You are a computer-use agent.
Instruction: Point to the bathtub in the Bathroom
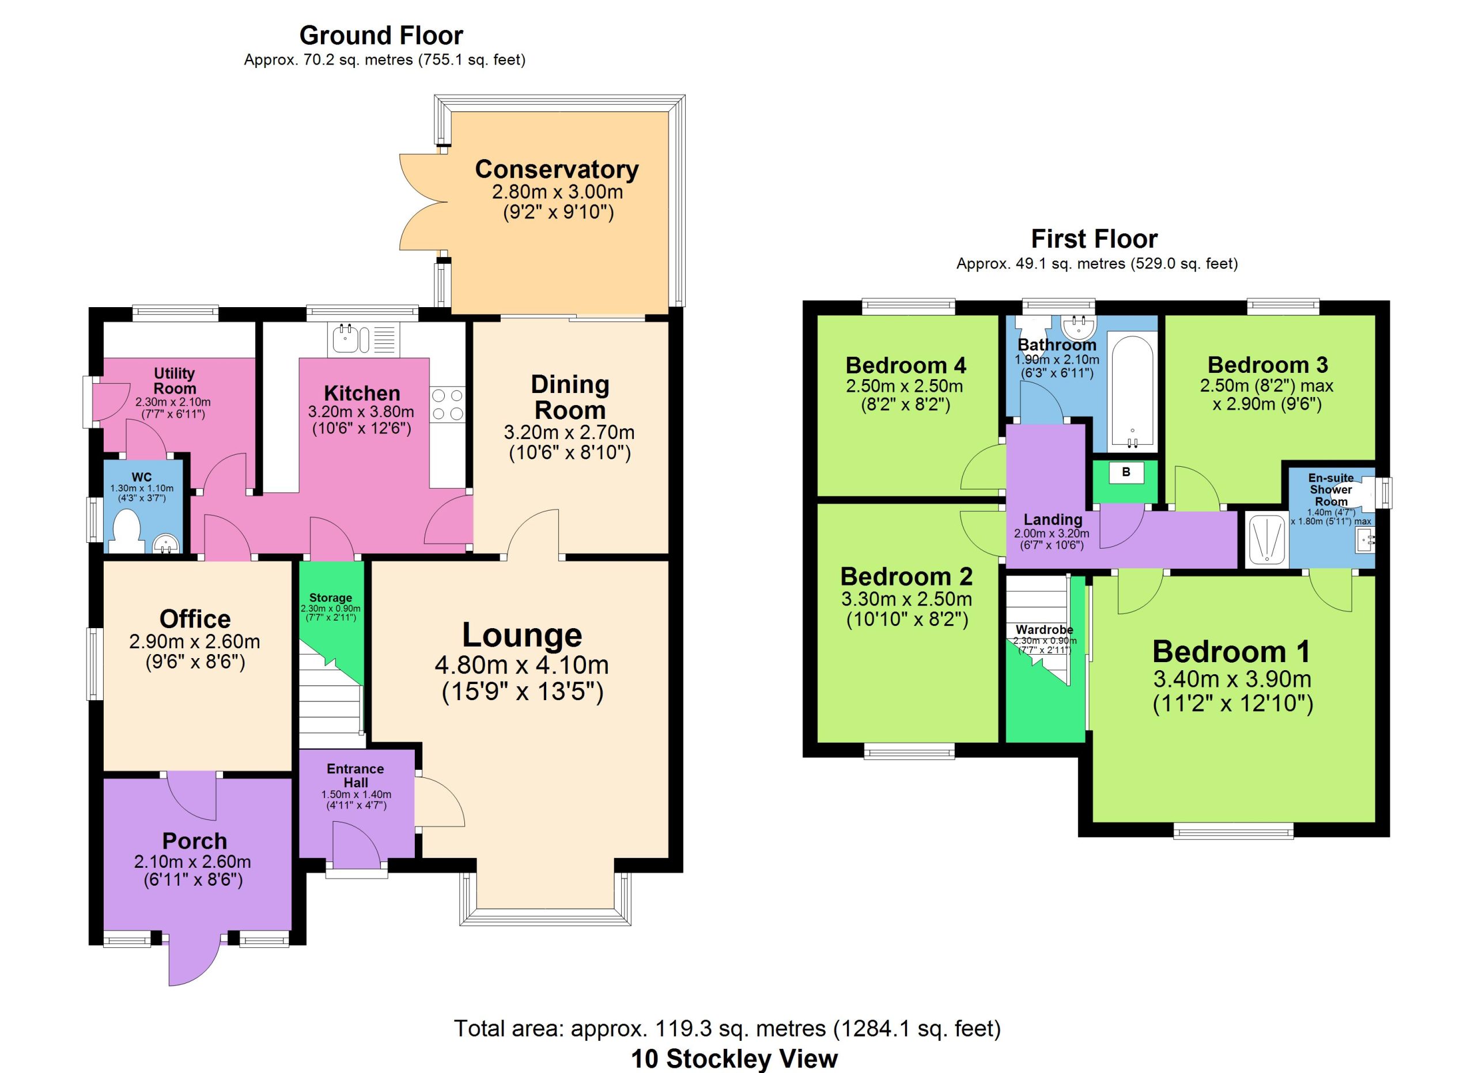pyautogui.click(x=1132, y=392)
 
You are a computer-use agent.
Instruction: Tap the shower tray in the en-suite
pyautogui.click(x=1266, y=539)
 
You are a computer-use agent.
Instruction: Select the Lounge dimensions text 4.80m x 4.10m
pyautogui.click(x=521, y=664)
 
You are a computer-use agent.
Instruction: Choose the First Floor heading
pyautogui.click(x=1094, y=239)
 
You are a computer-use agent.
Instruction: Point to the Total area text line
pyautogui.click(x=727, y=1028)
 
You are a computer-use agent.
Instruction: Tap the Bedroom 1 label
pyautogui.click(x=1232, y=652)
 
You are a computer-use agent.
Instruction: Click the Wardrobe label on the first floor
pyautogui.click(x=1045, y=629)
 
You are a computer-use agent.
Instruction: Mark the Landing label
pyautogui.click(x=1053, y=520)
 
